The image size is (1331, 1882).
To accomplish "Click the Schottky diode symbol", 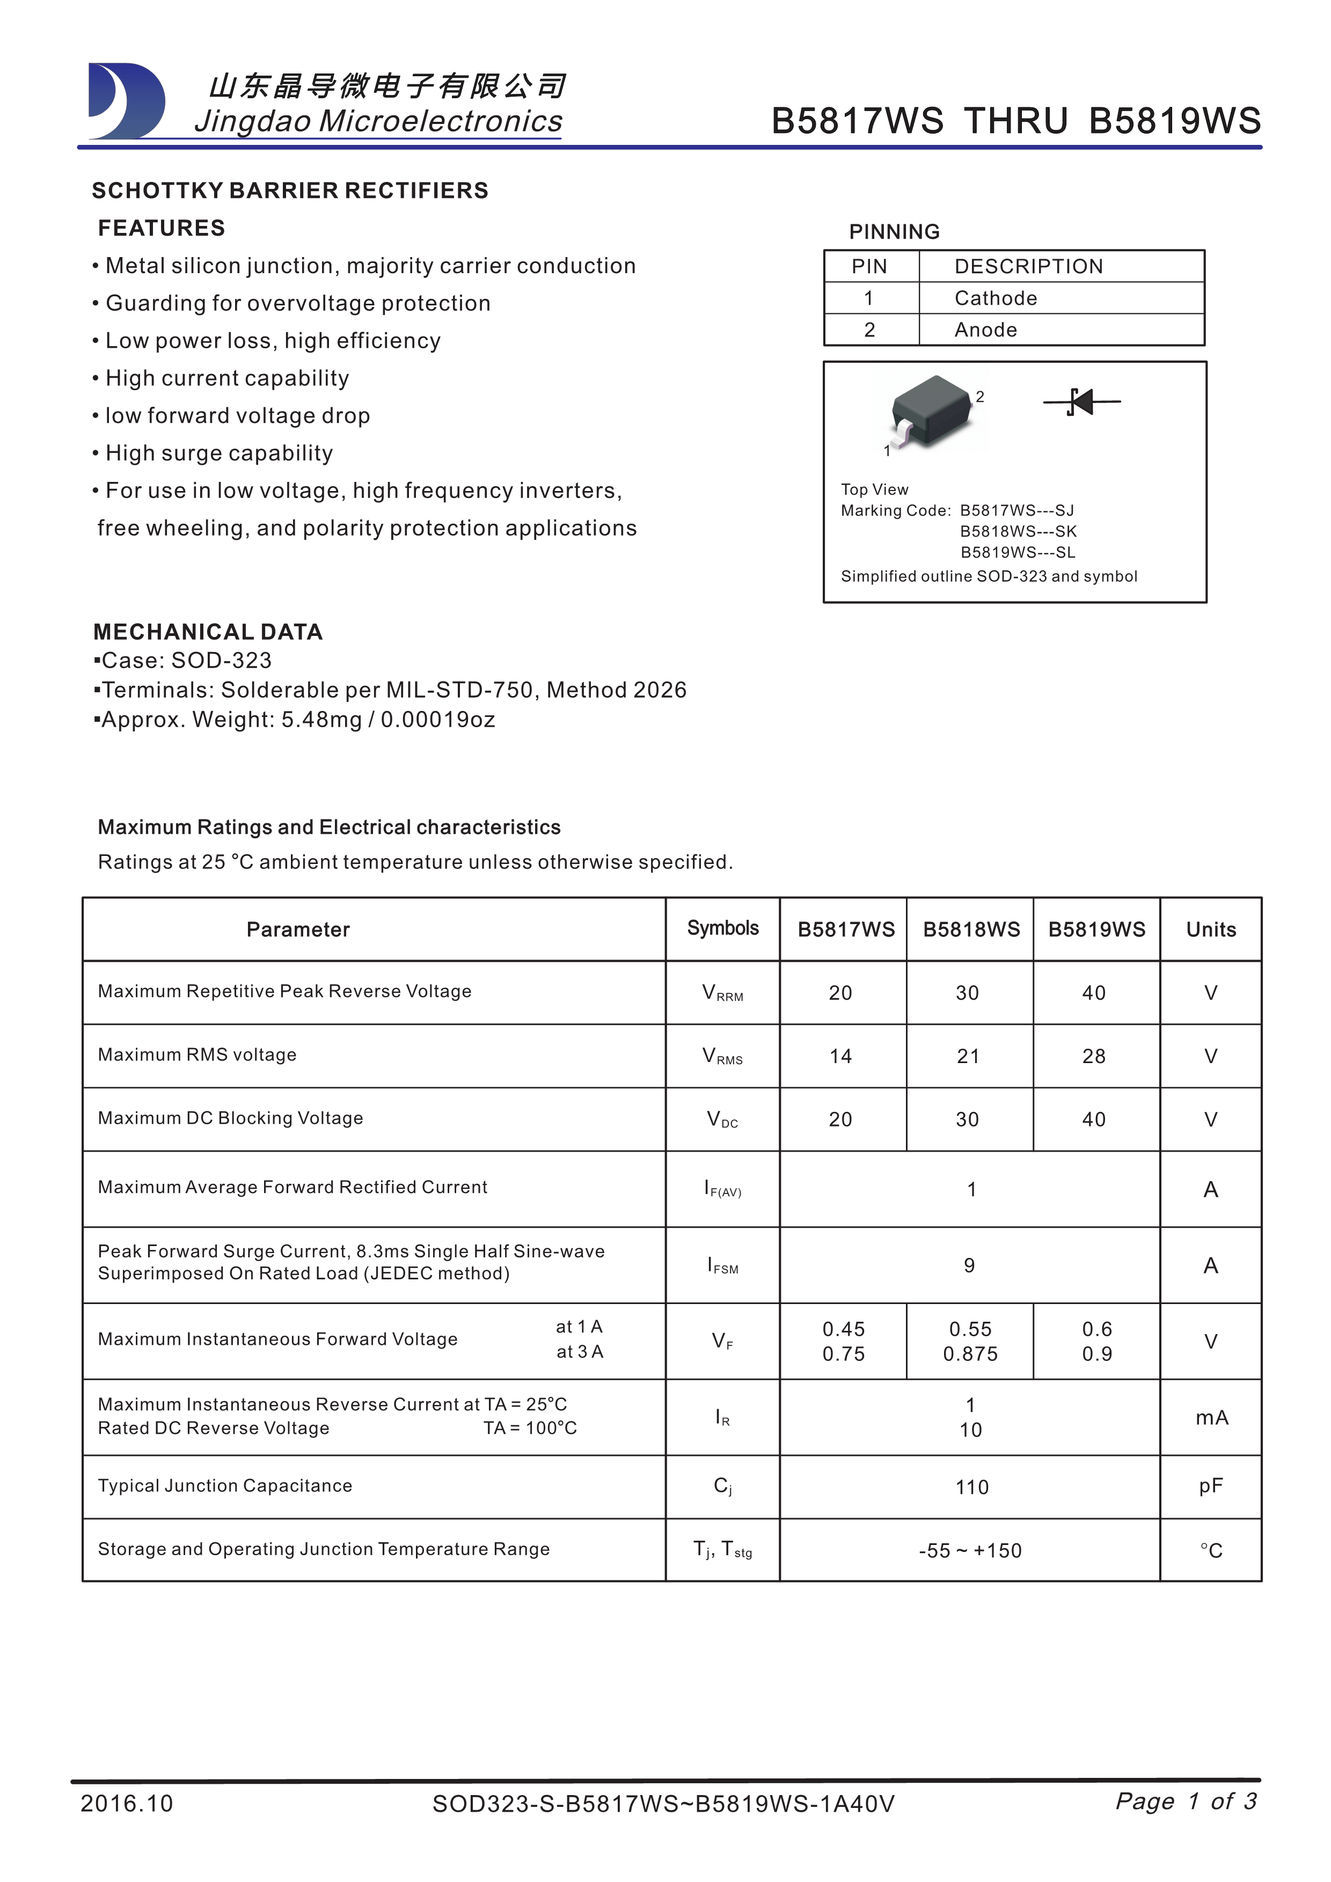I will [x=1081, y=401].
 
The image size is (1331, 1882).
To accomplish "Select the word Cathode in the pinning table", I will [x=995, y=298].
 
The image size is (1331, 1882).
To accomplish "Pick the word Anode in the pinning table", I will [x=985, y=329].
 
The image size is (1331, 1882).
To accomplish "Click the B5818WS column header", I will [x=971, y=929].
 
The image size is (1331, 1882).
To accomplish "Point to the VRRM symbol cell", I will [x=722, y=993].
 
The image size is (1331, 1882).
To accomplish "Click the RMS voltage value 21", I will [x=968, y=1057].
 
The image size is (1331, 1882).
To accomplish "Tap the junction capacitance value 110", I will [x=971, y=1487].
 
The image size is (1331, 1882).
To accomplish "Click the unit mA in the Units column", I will [x=1211, y=1417].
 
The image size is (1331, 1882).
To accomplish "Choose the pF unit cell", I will [x=1211, y=1486].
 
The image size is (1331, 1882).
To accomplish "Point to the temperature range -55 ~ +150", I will [x=970, y=1550].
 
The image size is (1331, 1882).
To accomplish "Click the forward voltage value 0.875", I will [x=970, y=1354].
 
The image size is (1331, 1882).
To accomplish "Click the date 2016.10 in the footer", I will [x=127, y=1803].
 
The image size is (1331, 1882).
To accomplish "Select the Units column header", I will [x=1211, y=929].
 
